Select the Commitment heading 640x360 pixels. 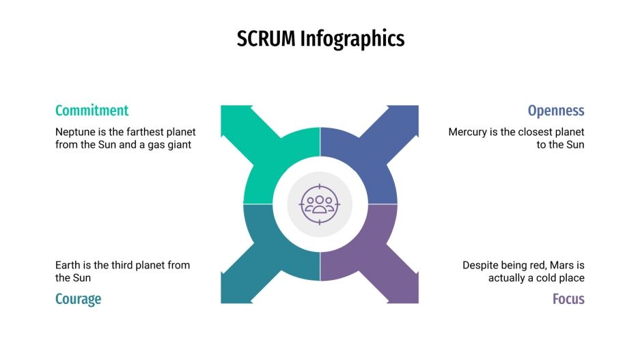pos(92,111)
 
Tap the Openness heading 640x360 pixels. pos(556,111)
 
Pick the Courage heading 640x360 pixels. pos(78,299)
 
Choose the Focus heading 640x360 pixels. pos(568,299)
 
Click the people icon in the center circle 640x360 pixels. pos(320,204)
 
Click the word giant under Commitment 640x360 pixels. pos(178,145)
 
